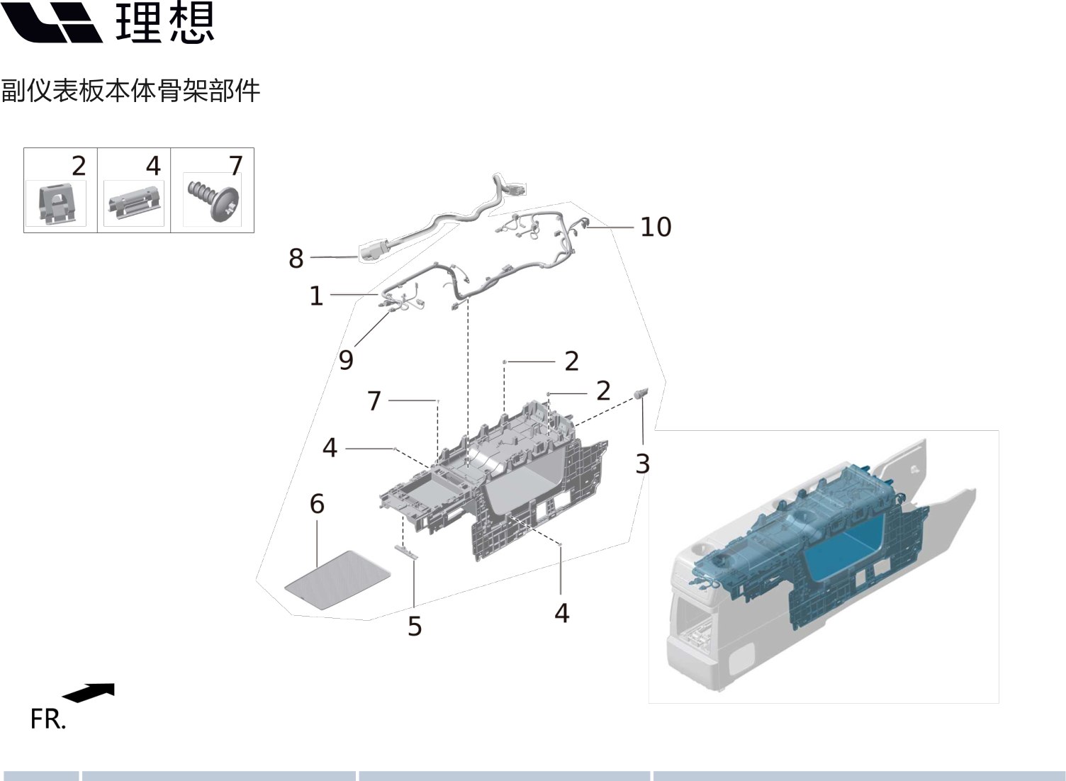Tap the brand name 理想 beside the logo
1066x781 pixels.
point(164,23)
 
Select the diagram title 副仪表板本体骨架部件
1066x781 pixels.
point(130,91)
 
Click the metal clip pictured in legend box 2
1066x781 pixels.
point(55,203)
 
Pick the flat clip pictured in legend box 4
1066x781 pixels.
point(134,203)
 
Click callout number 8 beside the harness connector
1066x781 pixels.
point(296,259)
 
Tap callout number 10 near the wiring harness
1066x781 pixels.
point(655,227)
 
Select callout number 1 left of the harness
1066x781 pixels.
point(316,296)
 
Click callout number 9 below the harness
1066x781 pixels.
point(346,360)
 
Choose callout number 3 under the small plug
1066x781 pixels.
point(642,463)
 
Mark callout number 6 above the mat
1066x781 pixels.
point(317,504)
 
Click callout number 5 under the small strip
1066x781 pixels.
point(415,627)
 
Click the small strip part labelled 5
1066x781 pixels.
point(406,551)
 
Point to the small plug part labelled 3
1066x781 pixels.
point(642,394)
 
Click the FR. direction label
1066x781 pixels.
point(47,719)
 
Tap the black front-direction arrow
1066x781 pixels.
point(89,692)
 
